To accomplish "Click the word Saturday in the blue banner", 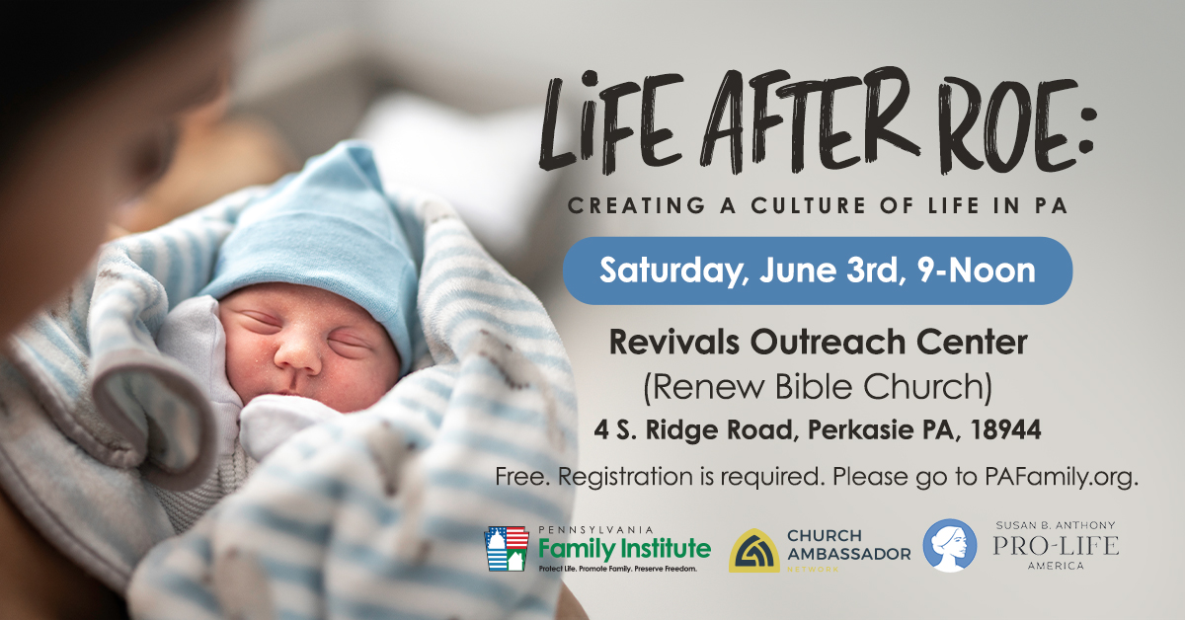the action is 671,271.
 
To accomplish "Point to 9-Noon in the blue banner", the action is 976,271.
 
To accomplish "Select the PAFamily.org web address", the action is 1062,477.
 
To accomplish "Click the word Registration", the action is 625,477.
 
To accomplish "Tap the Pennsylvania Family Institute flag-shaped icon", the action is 507,549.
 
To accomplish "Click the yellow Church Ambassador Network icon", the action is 753,550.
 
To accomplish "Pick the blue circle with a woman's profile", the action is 950,545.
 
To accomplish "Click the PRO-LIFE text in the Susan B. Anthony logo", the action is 1056,545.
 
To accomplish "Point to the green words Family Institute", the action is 625,550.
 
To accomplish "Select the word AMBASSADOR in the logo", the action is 848,554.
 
